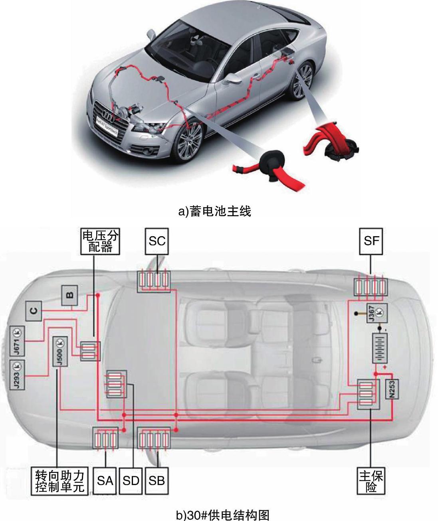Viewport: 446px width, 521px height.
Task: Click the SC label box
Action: (x=157, y=241)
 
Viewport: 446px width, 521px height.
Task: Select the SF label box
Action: (x=371, y=241)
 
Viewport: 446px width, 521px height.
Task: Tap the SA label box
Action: (x=105, y=480)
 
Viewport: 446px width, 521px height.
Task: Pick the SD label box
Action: (x=131, y=480)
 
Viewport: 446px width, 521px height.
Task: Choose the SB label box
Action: (x=157, y=480)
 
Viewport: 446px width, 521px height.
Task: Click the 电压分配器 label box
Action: (x=100, y=241)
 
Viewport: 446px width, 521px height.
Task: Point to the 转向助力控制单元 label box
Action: (x=60, y=481)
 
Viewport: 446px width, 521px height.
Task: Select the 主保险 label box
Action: (x=371, y=481)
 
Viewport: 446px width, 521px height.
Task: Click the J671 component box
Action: (x=18, y=341)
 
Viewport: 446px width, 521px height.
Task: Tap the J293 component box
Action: (x=18, y=375)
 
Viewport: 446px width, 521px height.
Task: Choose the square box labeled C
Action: (x=34, y=311)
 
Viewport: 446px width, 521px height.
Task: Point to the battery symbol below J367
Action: (x=380, y=348)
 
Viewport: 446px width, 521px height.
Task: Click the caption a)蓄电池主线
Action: (x=214, y=211)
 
